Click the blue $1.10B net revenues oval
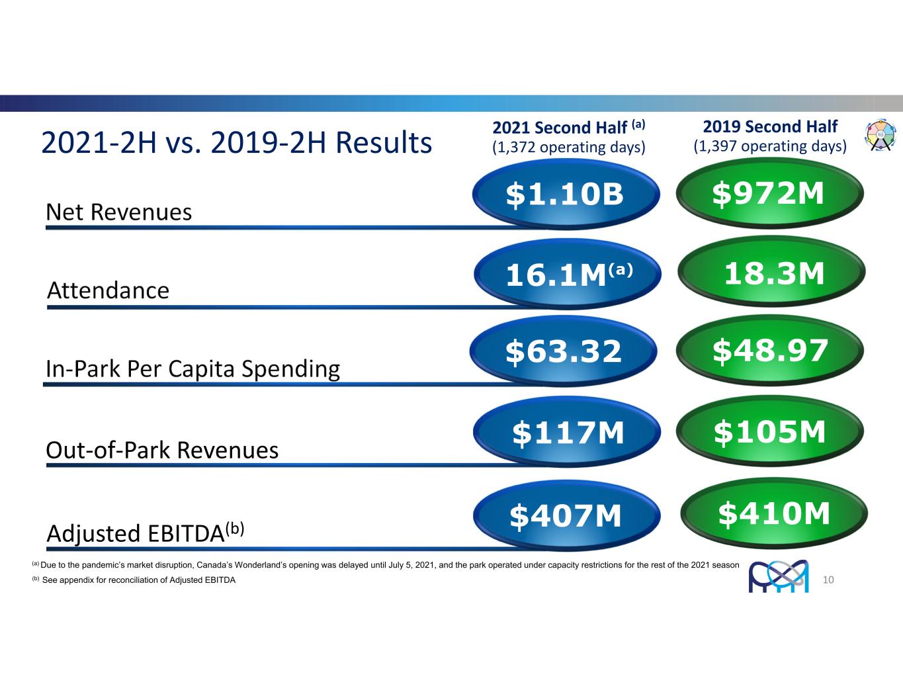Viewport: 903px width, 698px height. tap(566, 194)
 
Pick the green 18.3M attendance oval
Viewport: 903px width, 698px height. tap(771, 273)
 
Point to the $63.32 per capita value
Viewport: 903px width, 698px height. tap(564, 351)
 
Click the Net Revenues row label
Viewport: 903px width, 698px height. tap(119, 212)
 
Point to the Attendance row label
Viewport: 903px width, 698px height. tap(108, 290)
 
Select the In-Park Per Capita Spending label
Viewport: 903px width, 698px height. tap(193, 369)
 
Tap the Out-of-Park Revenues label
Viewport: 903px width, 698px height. tap(162, 450)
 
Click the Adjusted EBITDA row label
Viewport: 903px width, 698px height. tap(146, 532)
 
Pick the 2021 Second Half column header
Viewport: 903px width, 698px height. tap(568, 126)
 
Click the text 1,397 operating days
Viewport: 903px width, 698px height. tap(770, 146)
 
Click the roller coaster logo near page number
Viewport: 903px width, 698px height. tap(778, 576)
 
